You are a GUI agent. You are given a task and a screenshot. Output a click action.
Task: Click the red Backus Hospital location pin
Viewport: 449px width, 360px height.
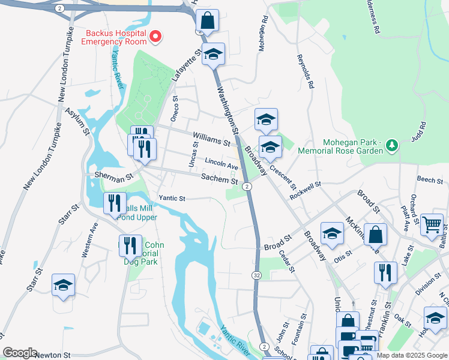[x=155, y=37]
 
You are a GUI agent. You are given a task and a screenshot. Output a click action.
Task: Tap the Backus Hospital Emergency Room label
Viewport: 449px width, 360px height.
[x=116, y=37]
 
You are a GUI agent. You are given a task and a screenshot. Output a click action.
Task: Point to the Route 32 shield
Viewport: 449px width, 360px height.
[x=256, y=274]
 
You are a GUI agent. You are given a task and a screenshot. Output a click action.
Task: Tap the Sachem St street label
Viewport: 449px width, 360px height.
[x=219, y=179]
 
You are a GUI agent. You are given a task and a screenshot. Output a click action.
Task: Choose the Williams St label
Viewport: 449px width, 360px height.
[x=211, y=142]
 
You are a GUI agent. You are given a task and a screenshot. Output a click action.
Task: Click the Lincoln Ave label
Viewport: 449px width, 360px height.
[x=221, y=164]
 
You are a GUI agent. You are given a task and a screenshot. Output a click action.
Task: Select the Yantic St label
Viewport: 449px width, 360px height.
[x=172, y=198]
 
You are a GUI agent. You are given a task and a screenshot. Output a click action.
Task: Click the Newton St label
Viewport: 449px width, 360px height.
[x=53, y=355]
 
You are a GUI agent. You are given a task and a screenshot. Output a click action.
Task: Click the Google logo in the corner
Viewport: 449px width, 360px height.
[x=20, y=353]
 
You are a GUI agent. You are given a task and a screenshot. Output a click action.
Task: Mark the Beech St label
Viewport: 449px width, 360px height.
[x=429, y=179]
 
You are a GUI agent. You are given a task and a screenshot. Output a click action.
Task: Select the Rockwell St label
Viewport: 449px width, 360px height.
[x=306, y=191]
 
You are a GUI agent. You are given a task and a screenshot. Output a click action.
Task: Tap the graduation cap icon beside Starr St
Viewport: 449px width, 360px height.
[x=63, y=286]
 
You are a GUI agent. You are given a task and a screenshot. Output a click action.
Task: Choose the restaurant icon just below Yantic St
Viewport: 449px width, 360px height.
[x=114, y=203]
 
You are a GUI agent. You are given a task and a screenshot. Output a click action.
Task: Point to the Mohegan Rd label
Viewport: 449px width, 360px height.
[x=262, y=38]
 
